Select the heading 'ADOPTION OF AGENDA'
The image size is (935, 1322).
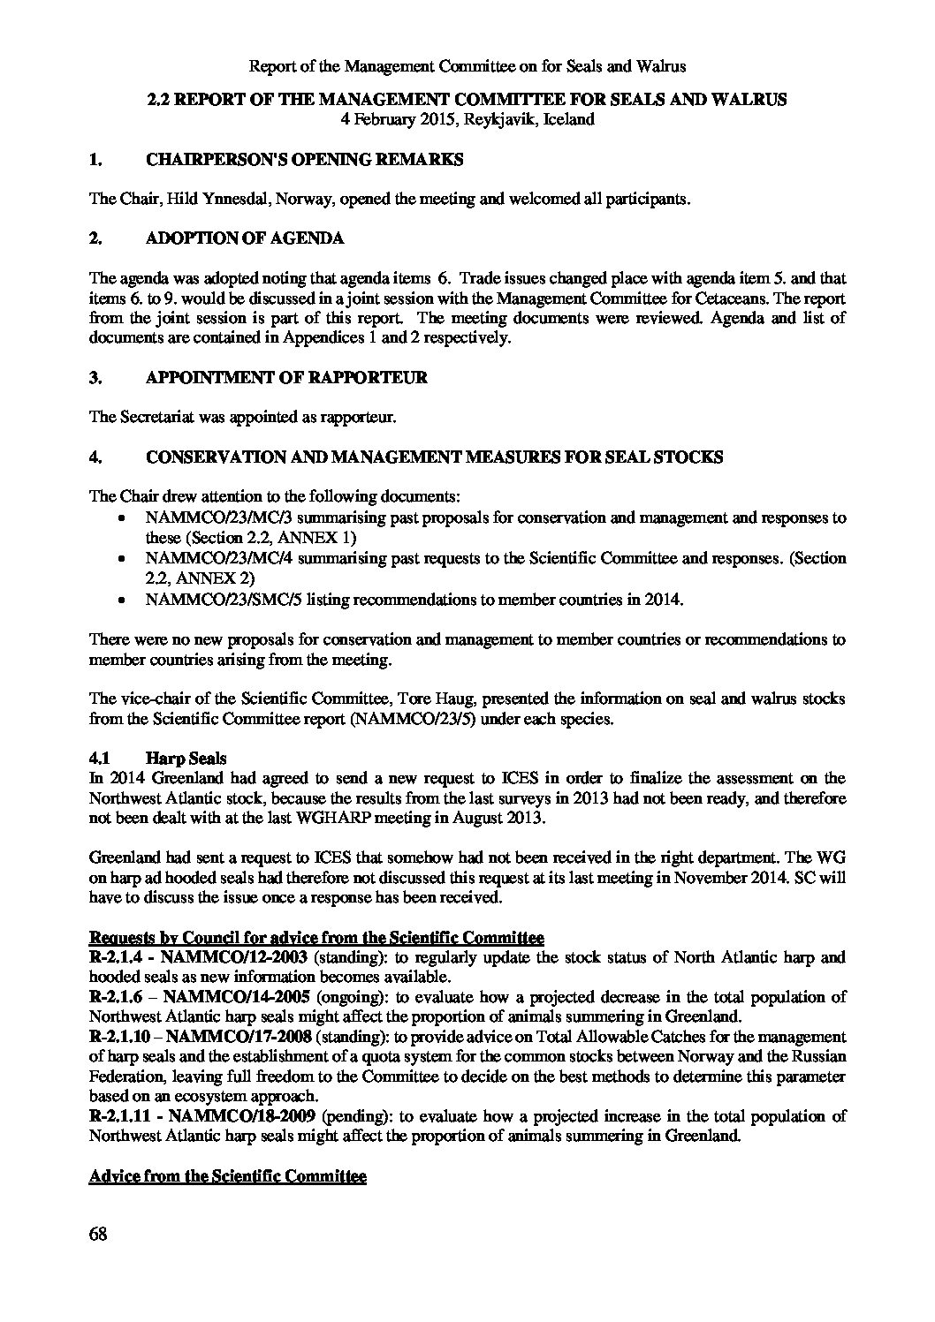pos(245,238)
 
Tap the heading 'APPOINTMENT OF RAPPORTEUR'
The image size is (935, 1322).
pos(286,378)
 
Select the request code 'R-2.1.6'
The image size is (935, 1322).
pos(115,998)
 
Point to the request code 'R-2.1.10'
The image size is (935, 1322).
pos(119,1038)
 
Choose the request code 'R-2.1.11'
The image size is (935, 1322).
pos(119,1117)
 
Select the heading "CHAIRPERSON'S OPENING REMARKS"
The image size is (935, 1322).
pos(304,160)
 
